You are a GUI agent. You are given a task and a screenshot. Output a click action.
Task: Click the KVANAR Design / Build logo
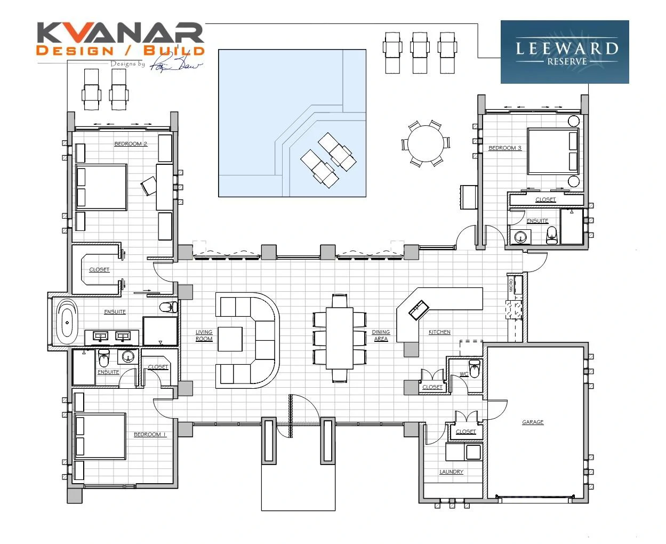(121, 41)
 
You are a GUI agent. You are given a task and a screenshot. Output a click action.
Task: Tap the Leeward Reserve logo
(565, 52)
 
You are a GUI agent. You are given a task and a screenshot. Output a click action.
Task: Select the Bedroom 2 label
(131, 144)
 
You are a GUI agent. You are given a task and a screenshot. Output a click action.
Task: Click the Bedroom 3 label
(504, 148)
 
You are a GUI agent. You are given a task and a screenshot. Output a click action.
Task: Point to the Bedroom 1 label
(149, 435)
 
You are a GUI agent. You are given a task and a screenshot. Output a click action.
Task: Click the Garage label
(533, 422)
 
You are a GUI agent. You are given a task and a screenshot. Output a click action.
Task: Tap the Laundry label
(451, 472)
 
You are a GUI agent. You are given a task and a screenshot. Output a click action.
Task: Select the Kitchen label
(439, 332)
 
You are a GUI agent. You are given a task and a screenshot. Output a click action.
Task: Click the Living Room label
(204, 335)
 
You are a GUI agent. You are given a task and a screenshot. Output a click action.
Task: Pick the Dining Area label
(381, 335)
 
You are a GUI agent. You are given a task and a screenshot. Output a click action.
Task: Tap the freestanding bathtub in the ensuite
(67, 322)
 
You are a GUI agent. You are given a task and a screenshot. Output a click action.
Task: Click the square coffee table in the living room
(230, 339)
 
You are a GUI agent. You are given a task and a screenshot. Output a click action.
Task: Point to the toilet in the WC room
(474, 369)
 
